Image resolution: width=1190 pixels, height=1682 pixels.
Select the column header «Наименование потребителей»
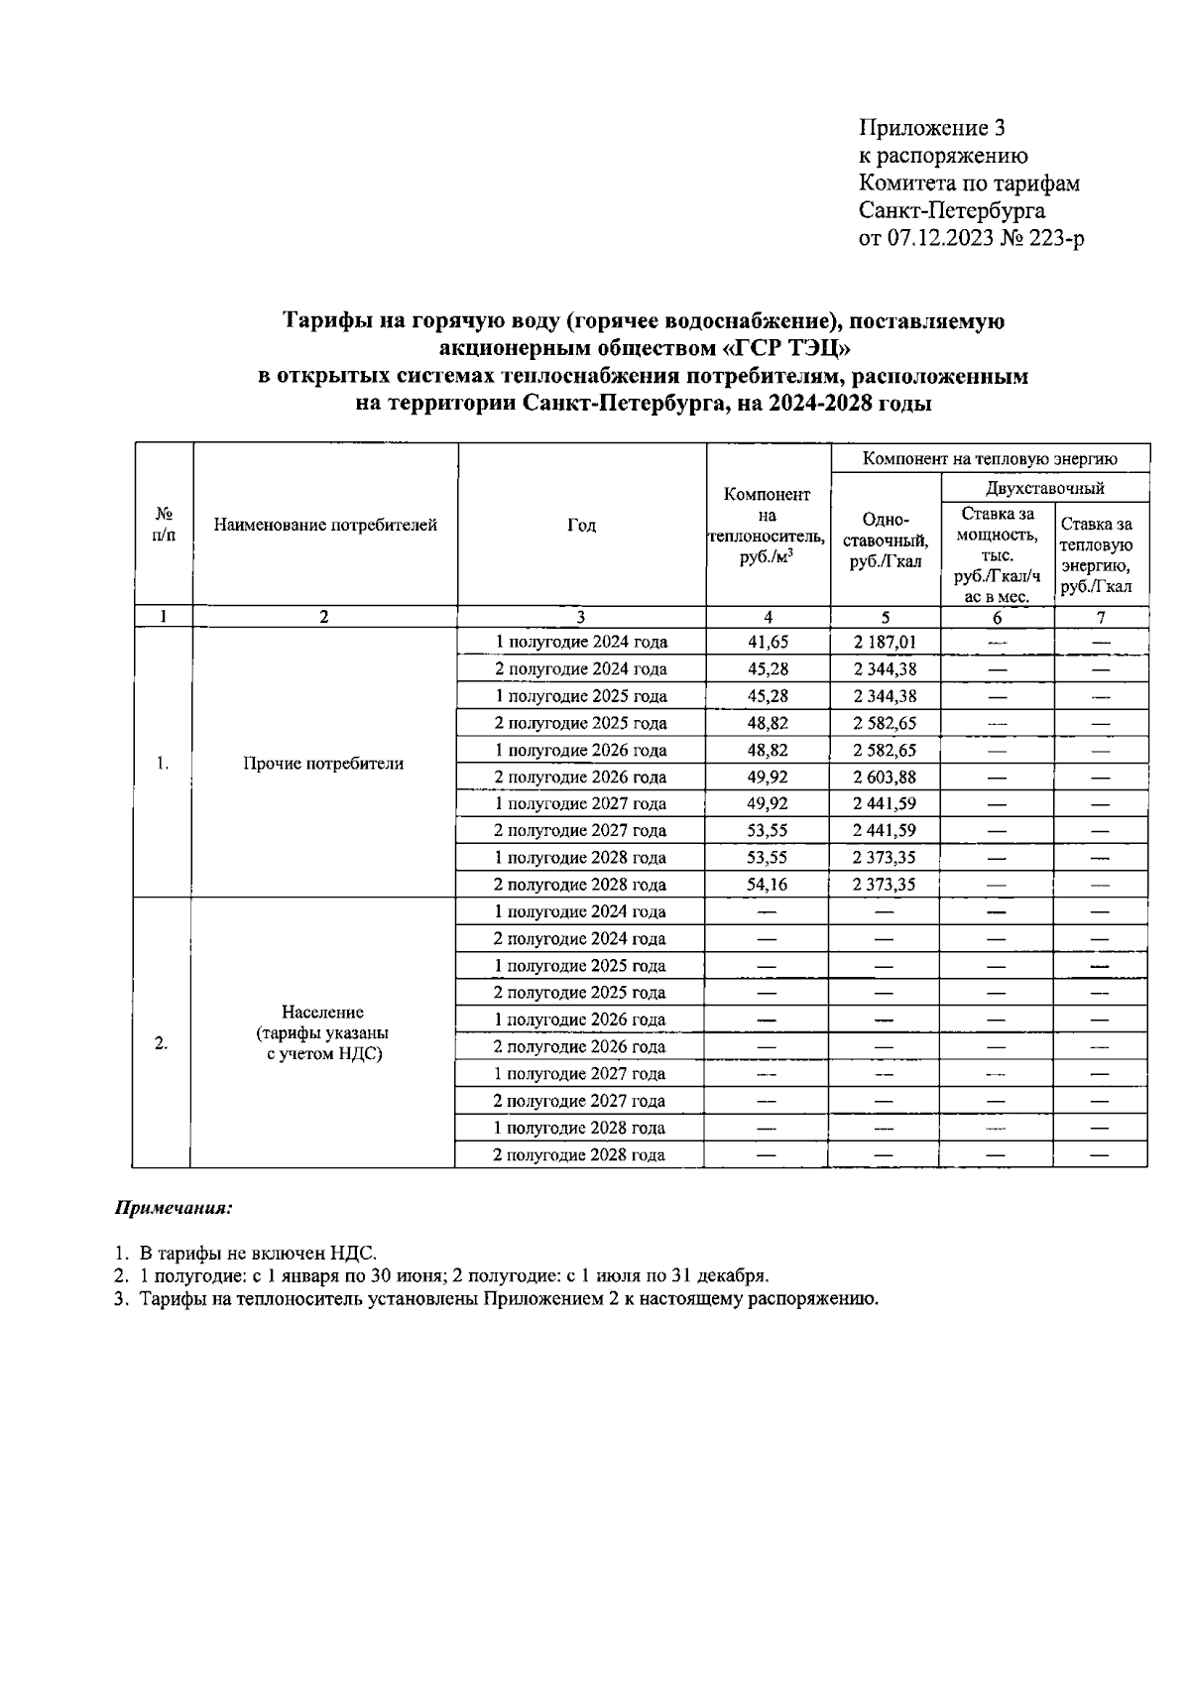325,526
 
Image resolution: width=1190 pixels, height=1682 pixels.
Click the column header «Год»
581,526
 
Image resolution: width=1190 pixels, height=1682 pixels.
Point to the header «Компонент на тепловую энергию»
990,458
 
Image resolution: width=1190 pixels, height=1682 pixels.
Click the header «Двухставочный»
1044,488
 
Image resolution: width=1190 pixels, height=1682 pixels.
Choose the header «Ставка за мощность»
997,526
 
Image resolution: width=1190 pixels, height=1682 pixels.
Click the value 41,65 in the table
768,643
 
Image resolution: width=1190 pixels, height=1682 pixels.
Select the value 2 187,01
885,643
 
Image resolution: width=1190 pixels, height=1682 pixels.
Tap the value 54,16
768,885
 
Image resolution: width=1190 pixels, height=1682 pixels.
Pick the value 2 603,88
885,778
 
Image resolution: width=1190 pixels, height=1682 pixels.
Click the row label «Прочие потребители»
323,764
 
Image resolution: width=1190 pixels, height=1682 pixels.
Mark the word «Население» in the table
323,1013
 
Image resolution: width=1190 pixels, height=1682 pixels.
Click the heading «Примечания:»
175,1209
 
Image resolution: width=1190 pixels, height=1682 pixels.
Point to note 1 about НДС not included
248,1254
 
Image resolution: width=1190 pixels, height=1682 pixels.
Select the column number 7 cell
1101,617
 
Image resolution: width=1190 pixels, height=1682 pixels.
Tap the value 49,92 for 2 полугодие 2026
768,778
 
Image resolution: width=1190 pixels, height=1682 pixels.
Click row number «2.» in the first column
162,1042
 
